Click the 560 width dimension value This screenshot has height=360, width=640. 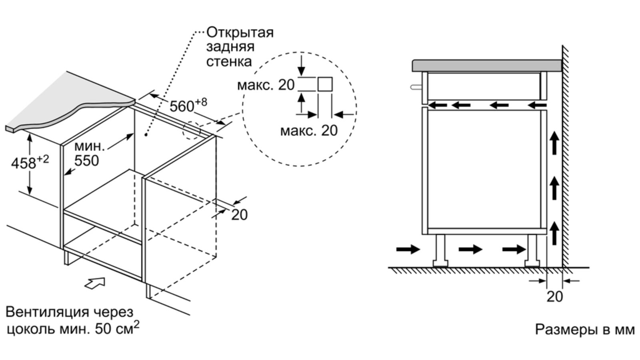(x=182, y=106)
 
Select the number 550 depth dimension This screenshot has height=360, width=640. (x=86, y=160)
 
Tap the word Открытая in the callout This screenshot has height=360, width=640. (x=240, y=32)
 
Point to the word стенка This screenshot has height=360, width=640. (x=229, y=61)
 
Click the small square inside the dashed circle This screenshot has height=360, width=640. (x=325, y=85)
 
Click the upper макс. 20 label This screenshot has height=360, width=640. (x=266, y=85)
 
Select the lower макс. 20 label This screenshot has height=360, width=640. (x=309, y=130)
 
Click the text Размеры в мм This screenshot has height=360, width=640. (x=585, y=329)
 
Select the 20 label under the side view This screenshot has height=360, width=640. (x=554, y=297)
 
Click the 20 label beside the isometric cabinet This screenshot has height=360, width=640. (x=240, y=215)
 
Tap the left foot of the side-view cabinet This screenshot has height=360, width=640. (x=440, y=250)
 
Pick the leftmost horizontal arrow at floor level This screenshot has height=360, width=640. (x=408, y=250)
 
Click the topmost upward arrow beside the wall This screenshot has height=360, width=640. (x=554, y=143)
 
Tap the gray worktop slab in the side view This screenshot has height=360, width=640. (x=486, y=65)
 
